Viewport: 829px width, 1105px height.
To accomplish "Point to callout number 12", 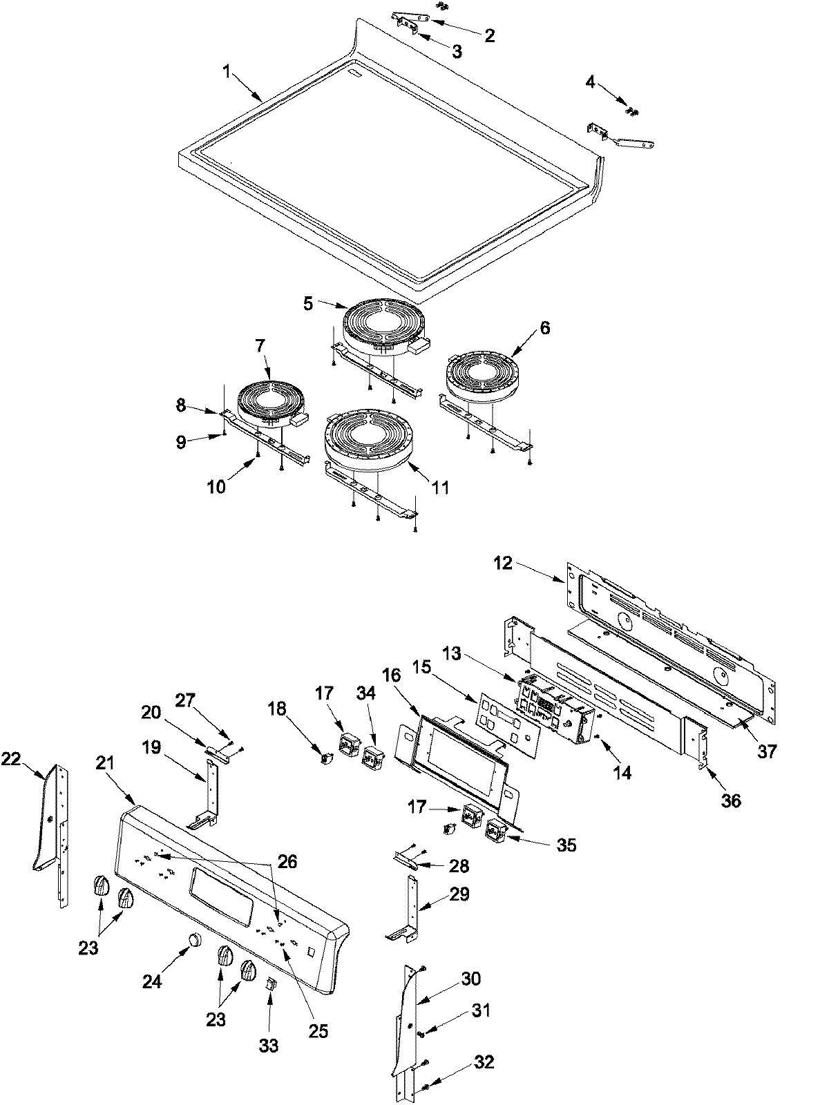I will point(504,563).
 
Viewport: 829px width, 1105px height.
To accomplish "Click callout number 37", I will point(766,751).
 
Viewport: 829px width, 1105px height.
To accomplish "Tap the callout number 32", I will point(484,1061).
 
